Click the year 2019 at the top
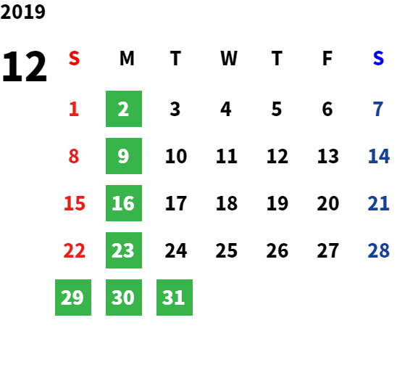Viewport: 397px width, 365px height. point(22,12)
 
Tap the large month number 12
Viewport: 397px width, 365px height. point(25,67)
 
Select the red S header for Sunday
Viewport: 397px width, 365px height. point(74,58)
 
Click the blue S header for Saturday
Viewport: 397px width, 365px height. point(378,58)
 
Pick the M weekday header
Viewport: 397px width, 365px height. point(127,58)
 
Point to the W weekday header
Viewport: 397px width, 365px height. point(229,58)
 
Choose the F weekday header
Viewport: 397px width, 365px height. point(327,58)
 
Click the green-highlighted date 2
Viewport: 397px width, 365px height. point(124,109)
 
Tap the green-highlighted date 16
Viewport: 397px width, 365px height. point(124,203)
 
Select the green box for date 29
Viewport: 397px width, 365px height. point(73,298)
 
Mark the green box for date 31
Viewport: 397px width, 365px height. point(175,298)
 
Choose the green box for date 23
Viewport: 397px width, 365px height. point(124,250)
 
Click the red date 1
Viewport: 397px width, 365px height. point(74,109)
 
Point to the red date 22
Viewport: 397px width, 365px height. point(74,250)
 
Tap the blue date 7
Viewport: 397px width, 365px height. point(378,109)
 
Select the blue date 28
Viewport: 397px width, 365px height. point(378,250)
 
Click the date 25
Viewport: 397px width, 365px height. point(227,250)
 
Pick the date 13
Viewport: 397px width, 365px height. point(328,156)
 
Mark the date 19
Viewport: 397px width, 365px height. point(277,203)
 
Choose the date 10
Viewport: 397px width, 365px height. point(176,156)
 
